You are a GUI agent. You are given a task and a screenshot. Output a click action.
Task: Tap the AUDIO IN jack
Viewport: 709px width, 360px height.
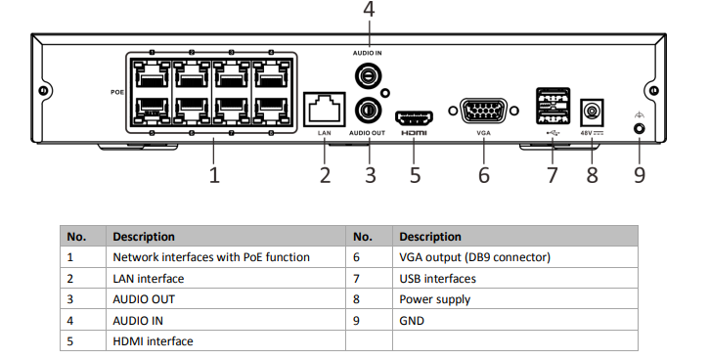click(370, 74)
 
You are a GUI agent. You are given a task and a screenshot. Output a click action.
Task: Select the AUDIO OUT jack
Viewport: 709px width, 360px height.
click(370, 107)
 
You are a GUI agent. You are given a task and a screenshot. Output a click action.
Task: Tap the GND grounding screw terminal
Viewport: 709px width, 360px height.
click(639, 128)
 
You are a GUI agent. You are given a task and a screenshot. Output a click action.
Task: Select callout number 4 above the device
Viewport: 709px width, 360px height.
click(369, 11)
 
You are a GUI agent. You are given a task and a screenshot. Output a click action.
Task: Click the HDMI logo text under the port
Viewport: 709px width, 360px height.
click(415, 130)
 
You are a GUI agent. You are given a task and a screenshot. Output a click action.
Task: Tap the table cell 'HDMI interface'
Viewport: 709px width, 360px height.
click(154, 340)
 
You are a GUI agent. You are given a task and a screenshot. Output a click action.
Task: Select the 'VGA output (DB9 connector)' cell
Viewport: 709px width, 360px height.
click(475, 257)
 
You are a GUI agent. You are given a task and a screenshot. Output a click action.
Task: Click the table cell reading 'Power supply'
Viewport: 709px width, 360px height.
click(435, 299)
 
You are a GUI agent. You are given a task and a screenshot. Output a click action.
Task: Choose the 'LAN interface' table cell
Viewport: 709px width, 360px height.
click(149, 278)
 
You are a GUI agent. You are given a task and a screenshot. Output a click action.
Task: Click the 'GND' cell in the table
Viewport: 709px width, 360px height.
click(412, 320)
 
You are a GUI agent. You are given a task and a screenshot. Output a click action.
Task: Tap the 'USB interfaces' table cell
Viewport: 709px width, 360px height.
click(438, 278)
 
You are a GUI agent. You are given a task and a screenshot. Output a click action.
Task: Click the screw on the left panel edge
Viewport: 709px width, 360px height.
click(44, 91)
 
